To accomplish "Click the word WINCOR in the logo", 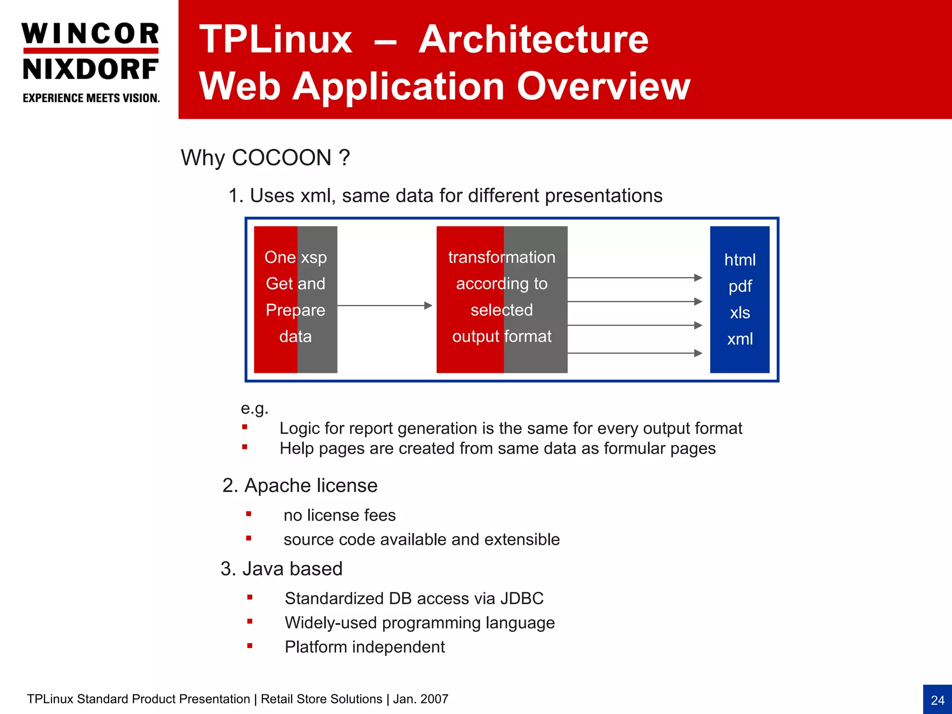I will click(90, 34).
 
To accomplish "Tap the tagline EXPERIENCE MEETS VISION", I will click(91, 98).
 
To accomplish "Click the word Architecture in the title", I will click(533, 40).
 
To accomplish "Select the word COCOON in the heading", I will click(281, 158).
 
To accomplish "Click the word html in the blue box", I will click(740, 260).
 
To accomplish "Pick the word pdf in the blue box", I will click(740, 286).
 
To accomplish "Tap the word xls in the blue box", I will click(740, 312).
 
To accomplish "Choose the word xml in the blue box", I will click(740, 339).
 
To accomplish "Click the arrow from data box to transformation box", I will click(384, 305).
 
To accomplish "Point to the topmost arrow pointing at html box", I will click(635, 278).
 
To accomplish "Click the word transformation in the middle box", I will click(502, 257).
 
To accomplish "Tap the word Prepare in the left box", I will click(295, 310).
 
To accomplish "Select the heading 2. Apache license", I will click(300, 485).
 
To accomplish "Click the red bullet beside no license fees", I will click(249, 514).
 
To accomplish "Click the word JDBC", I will click(522, 598).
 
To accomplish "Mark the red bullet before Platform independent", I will click(250, 645).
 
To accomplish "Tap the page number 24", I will click(937, 700).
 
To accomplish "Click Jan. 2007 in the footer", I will click(421, 699).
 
